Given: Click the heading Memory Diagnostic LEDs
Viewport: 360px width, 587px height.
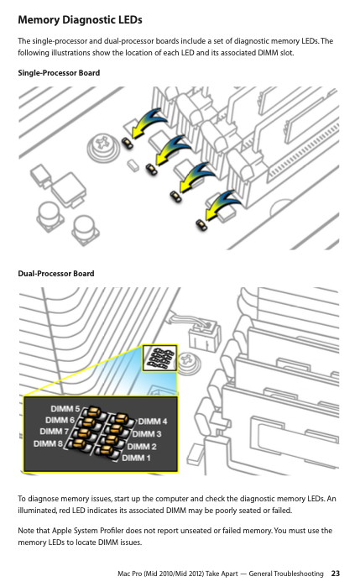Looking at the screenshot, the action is pos(80,20).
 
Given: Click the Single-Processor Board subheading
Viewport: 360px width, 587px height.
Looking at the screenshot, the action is pos(59,72).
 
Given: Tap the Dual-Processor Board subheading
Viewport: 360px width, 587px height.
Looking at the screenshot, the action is pos(56,273).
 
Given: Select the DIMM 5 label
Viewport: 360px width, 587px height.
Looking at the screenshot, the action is pos(65,408).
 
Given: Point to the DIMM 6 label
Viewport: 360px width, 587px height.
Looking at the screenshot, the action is pos(60,420).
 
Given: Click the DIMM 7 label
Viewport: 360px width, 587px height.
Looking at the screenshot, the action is pos(55,432).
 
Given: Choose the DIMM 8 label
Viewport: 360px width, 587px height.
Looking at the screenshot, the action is pos(49,443).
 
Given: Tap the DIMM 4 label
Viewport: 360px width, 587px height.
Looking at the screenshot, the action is pos(153,422).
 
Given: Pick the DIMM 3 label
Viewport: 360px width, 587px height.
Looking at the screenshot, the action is pos(147,434).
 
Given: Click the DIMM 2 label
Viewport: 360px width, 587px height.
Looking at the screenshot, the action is pos(142,446).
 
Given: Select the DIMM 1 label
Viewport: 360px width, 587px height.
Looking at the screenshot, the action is pos(136,458).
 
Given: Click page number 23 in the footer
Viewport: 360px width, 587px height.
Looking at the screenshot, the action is pos(336,574).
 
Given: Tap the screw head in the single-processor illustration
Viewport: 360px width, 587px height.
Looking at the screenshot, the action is pos(101,145).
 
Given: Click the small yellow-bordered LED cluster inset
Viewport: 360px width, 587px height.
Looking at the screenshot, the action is pos(159,359).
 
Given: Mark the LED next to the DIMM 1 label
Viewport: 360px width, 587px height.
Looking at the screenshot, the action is pos(106,451).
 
